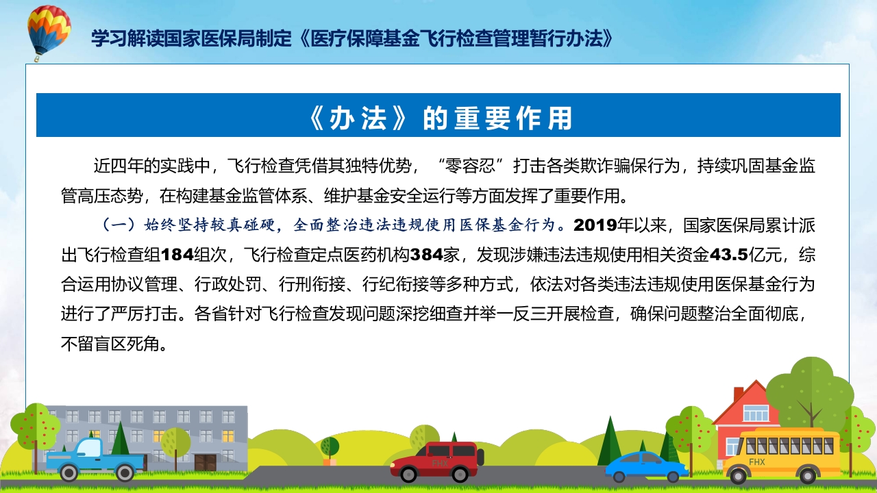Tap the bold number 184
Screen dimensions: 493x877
[x=176, y=255]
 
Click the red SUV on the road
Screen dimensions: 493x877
[x=437, y=461]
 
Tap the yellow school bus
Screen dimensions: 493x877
[x=782, y=454]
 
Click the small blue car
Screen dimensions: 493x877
[x=646, y=466]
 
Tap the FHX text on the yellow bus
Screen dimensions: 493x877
[x=757, y=462]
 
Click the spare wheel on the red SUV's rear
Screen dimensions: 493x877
[x=480, y=457]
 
